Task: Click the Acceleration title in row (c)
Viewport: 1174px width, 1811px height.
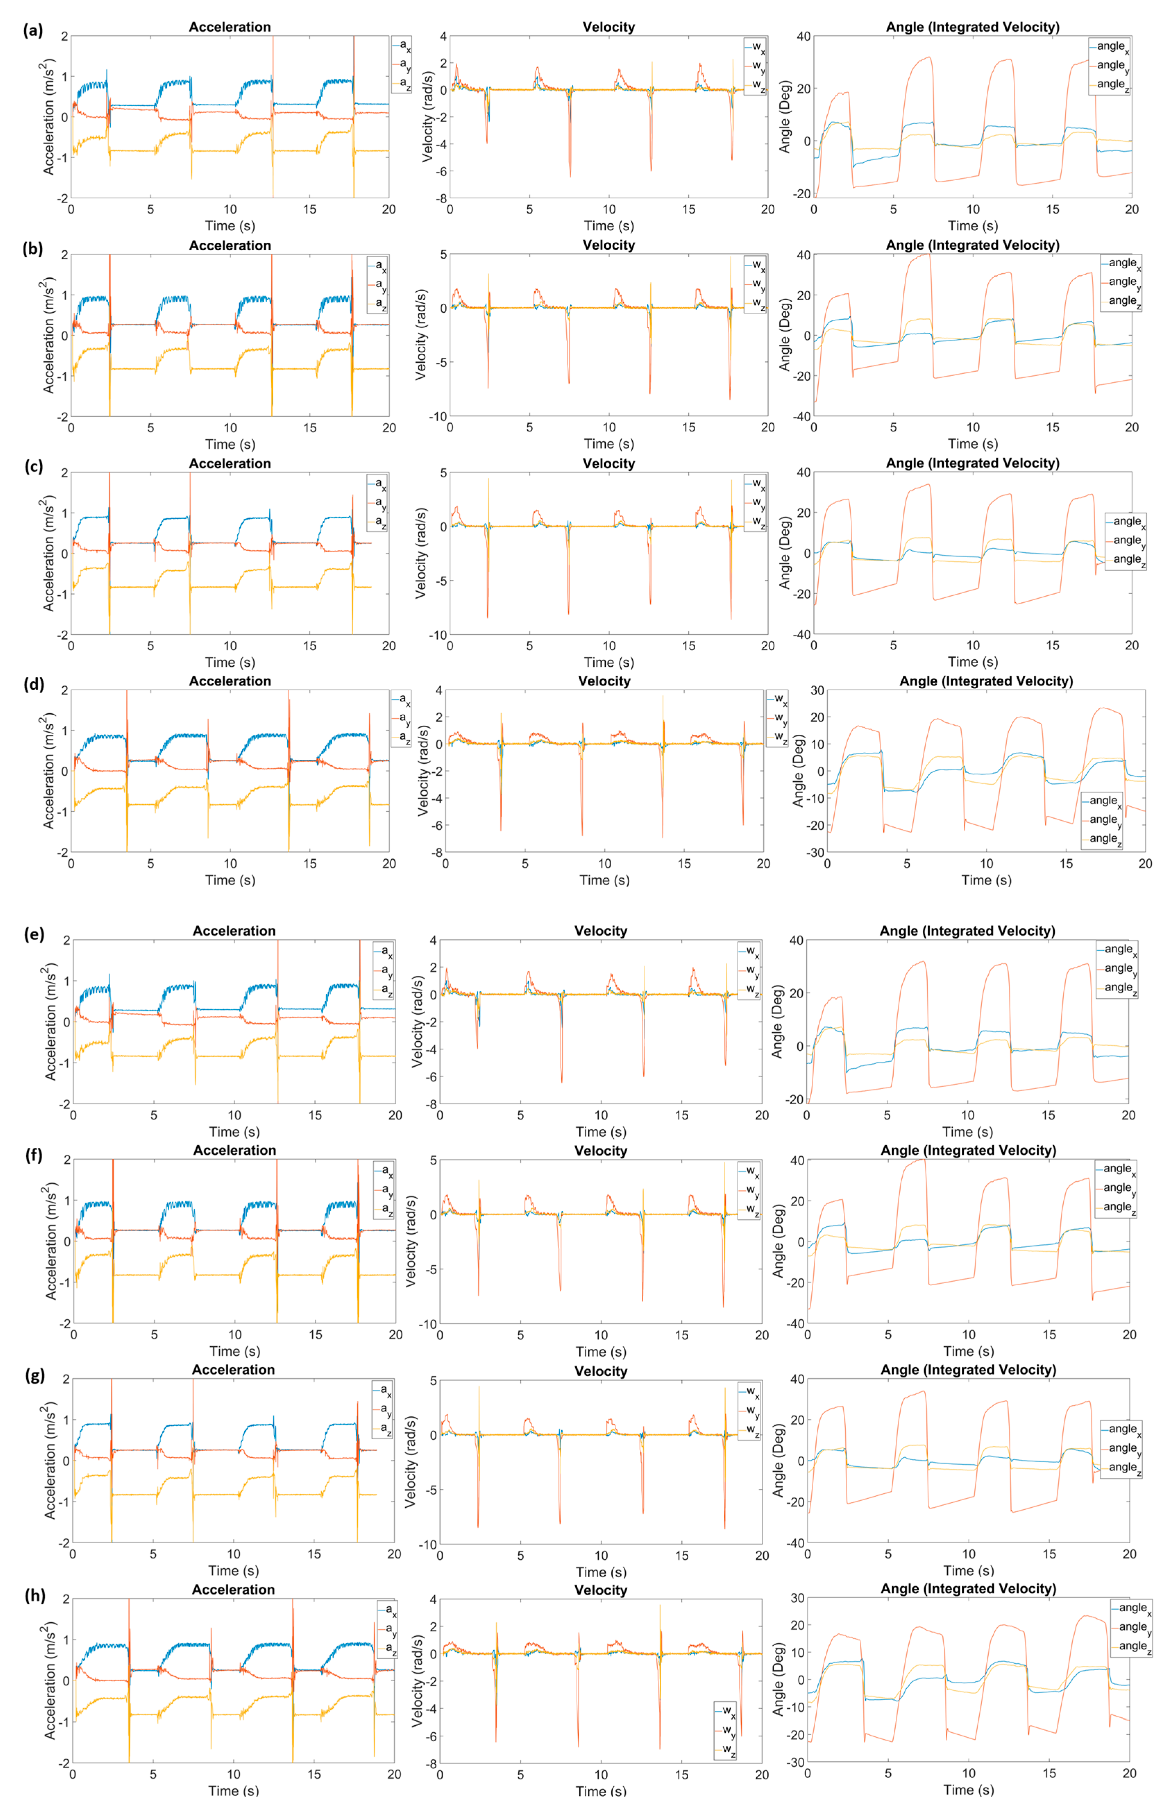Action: [230, 463]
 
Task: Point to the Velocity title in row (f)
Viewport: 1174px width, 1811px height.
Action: [601, 1150]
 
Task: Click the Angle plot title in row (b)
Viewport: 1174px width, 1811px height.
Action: [972, 245]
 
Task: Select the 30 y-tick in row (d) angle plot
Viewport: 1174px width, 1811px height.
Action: [815, 690]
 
